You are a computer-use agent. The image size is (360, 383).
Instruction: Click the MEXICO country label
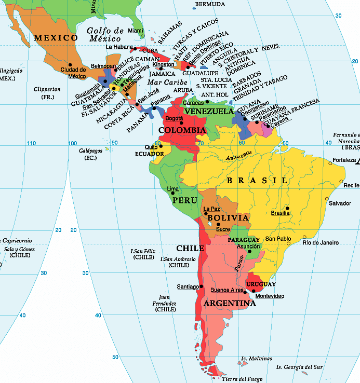click(x=56, y=38)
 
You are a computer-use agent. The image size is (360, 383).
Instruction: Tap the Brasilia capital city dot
click(x=287, y=208)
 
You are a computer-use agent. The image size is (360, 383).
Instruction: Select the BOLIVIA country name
click(x=228, y=218)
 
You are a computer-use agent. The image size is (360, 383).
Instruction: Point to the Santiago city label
click(x=188, y=286)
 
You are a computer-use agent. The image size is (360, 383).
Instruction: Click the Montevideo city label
click(x=270, y=296)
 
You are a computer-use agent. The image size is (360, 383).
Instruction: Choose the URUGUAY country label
click(x=261, y=284)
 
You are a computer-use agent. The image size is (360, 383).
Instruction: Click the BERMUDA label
click(x=210, y=5)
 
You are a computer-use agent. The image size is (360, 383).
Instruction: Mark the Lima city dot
click(x=173, y=193)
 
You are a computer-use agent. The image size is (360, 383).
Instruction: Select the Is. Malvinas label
click(x=257, y=359)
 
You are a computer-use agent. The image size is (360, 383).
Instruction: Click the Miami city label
click(x=136, y=31)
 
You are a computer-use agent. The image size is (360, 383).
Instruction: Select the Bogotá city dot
click(x=181, y=123)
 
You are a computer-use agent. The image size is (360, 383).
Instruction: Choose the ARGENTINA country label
click(x=230, y=304)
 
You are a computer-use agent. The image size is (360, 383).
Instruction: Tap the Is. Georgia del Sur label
click(x=299, y=367)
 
